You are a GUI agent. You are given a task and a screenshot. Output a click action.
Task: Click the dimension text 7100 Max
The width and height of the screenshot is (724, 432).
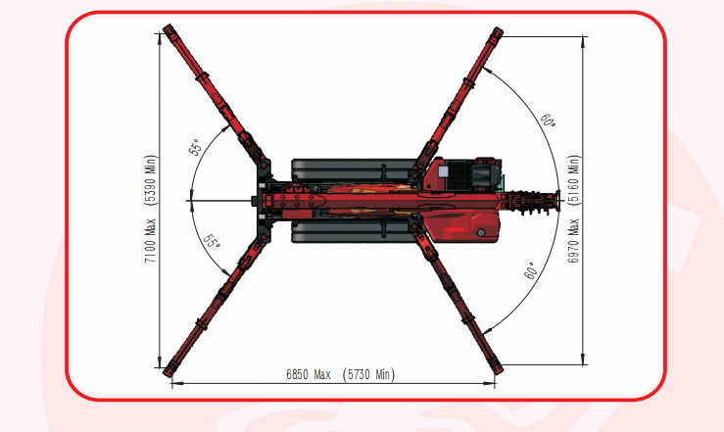point(151,240)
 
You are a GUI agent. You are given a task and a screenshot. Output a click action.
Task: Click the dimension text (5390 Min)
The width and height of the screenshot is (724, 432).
point(151,180)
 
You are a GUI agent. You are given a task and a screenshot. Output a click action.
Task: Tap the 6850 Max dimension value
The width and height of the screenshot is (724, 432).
point(309,374)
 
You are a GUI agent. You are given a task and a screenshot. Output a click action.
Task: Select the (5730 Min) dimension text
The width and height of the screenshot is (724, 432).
point(368,374)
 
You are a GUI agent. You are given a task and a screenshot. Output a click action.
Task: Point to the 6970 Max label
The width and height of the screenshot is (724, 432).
point(573,240)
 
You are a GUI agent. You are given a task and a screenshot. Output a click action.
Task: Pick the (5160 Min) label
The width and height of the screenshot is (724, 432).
point(573,180)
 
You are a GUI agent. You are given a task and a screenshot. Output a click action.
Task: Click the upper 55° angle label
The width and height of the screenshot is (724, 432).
point(195,147)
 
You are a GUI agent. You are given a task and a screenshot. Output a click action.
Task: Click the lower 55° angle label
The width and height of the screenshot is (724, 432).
point(212,241)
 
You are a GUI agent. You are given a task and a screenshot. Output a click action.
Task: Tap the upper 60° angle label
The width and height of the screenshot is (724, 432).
point(548,120)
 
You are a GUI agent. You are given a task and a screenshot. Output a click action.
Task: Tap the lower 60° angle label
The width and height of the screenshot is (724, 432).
point(531,271)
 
